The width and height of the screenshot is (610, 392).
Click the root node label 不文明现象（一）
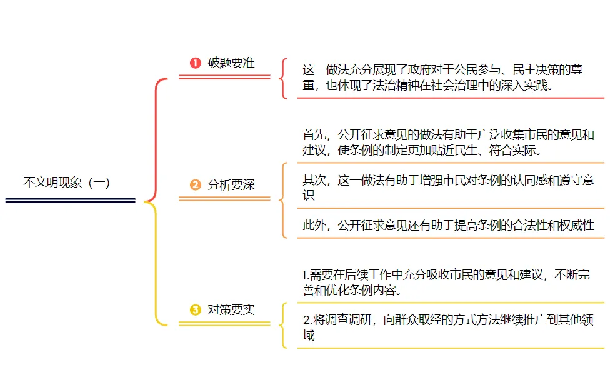click(x=67, y=183)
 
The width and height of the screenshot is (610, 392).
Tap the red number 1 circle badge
click(x=196, y=63)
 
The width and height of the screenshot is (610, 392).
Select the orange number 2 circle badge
click(x=196, y=185)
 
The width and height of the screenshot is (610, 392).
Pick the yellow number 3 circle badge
click(x=196, y=310)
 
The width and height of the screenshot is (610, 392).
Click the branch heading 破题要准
click(x=231, y=63)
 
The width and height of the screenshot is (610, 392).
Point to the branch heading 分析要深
click(x=231, y=185)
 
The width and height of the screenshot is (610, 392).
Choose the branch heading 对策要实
click(x=231, y=310)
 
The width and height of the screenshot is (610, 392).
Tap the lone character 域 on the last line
click(x=309, y=336)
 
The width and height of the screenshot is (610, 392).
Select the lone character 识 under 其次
click(x=309, y=196)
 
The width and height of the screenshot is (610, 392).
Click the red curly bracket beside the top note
click(x=284, y=78)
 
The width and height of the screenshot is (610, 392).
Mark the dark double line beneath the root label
click(x=70, y=200)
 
